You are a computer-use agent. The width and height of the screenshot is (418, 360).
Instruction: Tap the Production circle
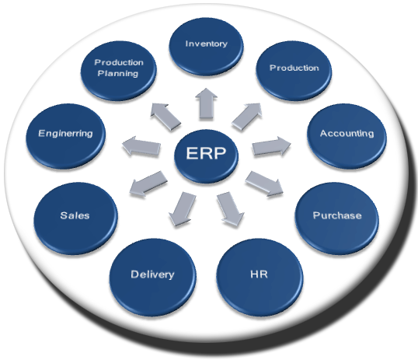click(294, 68)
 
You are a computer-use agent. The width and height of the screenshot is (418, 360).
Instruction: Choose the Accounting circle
click(346, 133)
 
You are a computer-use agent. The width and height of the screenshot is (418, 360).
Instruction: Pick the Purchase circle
click(336, 215)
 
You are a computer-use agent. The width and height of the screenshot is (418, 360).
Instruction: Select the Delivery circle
click(152, 274)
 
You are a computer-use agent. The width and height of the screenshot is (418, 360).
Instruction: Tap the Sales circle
click(75, 215)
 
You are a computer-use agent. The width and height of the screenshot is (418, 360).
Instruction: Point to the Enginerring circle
click(65, 133)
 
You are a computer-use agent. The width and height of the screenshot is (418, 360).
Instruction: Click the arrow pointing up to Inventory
click(207, 103)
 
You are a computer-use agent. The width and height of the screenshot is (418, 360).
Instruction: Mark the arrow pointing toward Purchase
click(264, 185)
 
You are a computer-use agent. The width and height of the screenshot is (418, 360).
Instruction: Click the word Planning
click(117, 74)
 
